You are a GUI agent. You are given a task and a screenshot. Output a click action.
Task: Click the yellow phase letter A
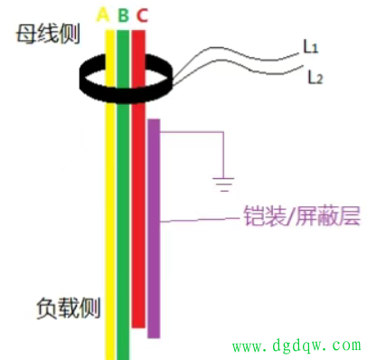point(102,15)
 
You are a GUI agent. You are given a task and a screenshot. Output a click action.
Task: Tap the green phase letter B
point(123,15)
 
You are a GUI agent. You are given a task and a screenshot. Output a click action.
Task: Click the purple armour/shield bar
point(154,226)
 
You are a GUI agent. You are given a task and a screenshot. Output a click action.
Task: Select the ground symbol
point(221,185)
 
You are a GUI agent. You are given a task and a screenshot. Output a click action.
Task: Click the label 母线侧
point(45,37)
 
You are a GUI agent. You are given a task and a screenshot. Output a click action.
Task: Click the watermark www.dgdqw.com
point(296,346)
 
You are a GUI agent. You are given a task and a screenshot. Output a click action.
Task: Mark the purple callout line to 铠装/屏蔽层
point(199,220)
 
